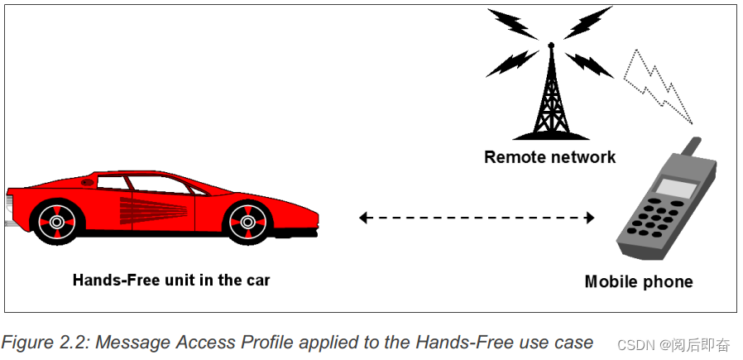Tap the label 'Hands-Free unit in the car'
(x=171, y=280)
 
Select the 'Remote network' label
(x=549, y=157)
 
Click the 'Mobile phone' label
(x=638, y=282)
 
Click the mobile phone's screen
(x=677, y=189)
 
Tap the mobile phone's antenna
(x=693, y=148)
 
